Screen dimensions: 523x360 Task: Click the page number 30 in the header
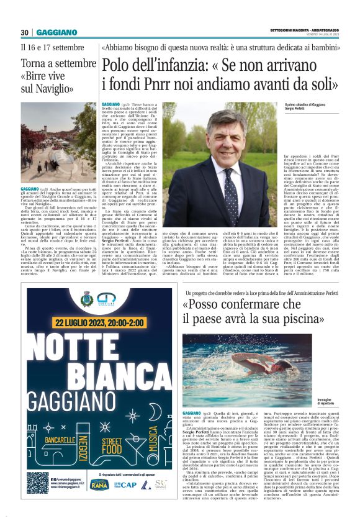(x=24, y=32)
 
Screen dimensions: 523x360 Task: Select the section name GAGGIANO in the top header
(x=56, y=32)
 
